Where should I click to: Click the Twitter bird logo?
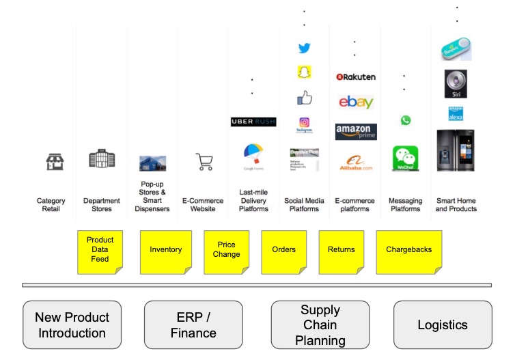304,49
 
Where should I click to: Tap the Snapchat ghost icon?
304,72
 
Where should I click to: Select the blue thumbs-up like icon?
304,98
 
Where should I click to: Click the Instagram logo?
304,124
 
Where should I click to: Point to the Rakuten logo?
355,77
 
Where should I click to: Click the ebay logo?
355,102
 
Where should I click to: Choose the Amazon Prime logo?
355,131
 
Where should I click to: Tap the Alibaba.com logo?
356,163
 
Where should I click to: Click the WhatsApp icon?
406,120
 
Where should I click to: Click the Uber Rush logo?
253,122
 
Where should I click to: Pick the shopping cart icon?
204,162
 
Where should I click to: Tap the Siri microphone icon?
456,83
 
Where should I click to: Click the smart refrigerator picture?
456,150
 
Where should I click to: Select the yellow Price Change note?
226,250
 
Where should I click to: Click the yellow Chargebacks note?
409,250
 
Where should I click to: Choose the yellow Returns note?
341,250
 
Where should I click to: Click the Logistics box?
442,325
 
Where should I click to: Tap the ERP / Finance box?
193,325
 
